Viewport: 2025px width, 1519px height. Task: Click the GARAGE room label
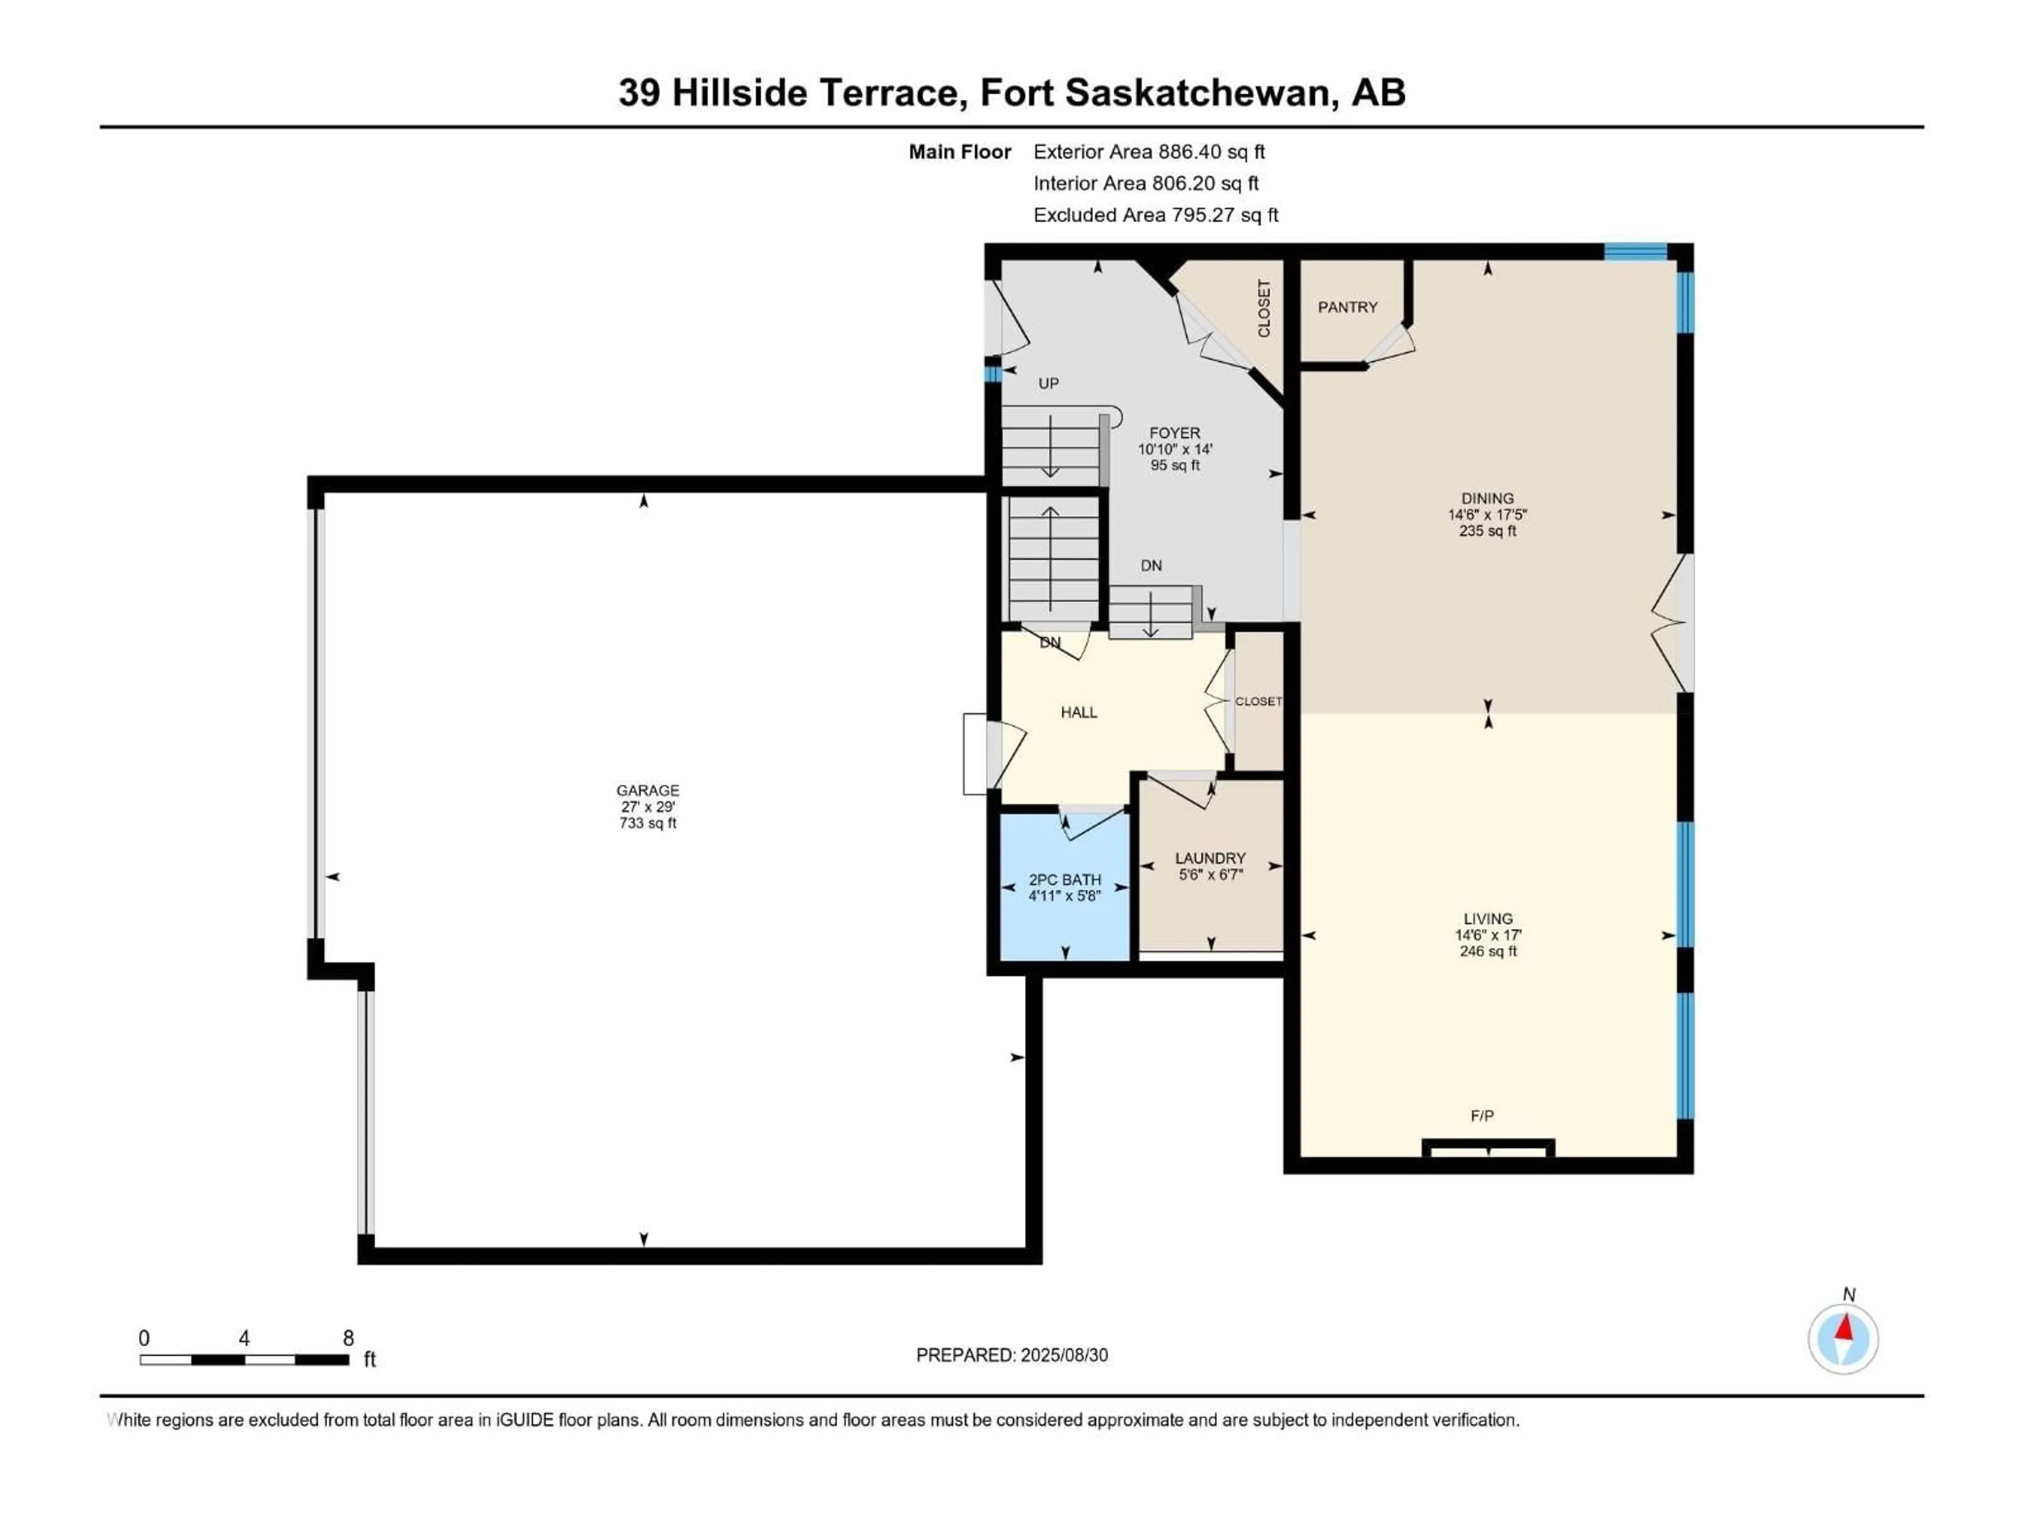[x=647, y=790]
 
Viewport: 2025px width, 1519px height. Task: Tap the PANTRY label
[x=1347, y=307]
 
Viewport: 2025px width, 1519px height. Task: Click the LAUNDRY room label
[x=1210, y=859]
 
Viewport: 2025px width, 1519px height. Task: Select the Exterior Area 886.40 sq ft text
[x=1149, y=152]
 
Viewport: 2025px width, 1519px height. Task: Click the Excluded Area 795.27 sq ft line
[x=1155, y=215]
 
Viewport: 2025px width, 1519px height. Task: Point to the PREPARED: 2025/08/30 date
[x=1011, y=1355]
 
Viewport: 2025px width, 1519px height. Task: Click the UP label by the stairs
[x=1048, y=383]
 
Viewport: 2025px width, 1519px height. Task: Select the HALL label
[x=1078, y=713]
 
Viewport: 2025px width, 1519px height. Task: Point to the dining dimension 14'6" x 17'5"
[x=1488, y=515]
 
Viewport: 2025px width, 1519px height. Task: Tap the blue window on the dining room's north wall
[x=1635, y=251]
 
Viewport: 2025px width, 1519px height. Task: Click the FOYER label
[x=1174, y=433]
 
